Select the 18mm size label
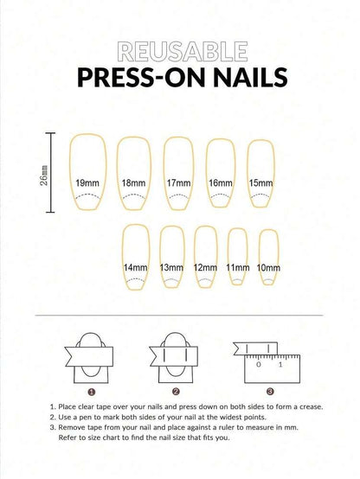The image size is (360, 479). click(132, 183)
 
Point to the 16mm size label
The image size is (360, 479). click(221, 183)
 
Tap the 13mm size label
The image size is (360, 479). click(171, 268)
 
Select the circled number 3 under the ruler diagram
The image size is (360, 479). click(269, 390)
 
